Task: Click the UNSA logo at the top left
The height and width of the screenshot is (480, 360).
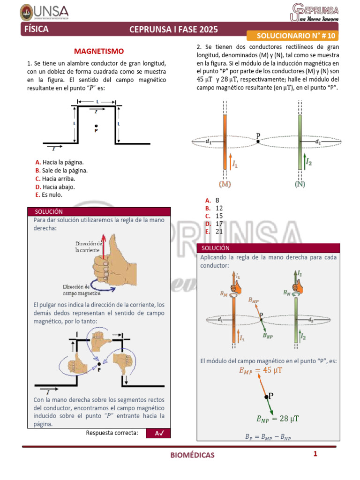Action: pyautogui.click(x=38, y=11)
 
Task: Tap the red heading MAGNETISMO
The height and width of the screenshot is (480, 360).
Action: pyautogui.click(x=99, y=51)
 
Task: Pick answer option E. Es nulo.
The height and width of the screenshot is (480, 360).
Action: pyautogui.click(x=49, y=195)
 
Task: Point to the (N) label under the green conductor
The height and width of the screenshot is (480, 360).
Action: pyautogui.click(x=300, y=184)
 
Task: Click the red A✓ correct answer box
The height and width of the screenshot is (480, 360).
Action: pyautogui.click(x=158, y=434)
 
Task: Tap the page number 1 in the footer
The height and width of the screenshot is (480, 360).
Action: pyautogui.click(x=315, y=454)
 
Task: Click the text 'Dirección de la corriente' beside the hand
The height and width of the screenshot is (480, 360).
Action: pyautogui.click(x=89, y=247)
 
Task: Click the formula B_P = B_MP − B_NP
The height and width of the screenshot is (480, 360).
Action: pyautogui.click(x=268, y=437)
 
